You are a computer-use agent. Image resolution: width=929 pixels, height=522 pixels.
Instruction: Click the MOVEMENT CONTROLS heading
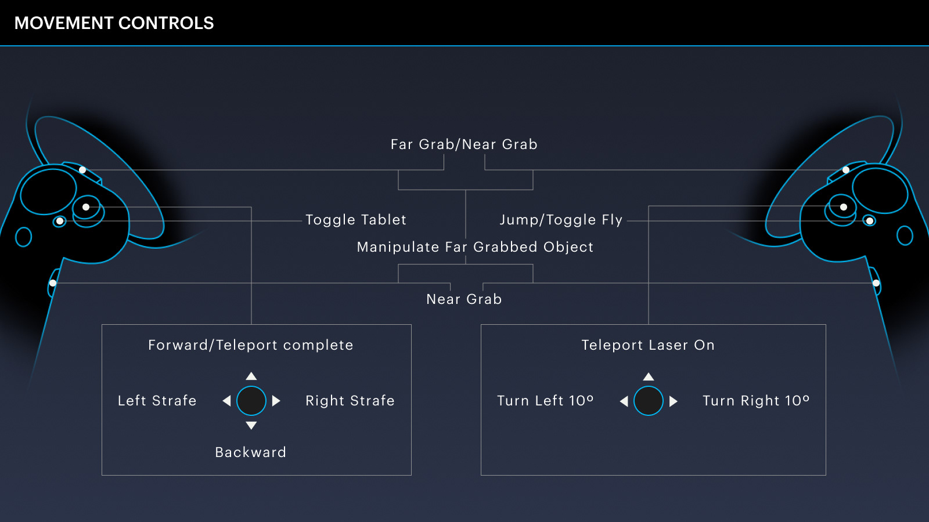[x=114, y=23]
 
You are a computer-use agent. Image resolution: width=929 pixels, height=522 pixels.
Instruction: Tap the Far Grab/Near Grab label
[x=464, y=144]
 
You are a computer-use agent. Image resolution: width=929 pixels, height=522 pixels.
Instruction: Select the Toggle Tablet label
[x=356, y=220]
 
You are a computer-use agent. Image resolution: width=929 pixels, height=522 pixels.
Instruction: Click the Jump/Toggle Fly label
[x=561, y=220]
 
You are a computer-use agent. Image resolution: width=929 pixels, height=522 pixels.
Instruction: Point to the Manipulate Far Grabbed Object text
[x=476, y=247]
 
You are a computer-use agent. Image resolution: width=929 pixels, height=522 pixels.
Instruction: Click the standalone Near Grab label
[x=464, y=299]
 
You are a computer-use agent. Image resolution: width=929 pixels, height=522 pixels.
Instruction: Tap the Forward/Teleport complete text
[x=250, y=345]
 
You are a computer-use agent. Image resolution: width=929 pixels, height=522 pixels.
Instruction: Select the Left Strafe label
[x=157, y=401]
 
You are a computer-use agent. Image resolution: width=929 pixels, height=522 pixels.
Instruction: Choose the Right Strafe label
[x=350, y=401]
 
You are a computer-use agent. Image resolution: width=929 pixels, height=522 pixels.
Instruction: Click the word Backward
[x=250, y=452]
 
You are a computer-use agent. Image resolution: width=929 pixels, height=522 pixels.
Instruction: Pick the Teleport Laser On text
[x=648, y=345]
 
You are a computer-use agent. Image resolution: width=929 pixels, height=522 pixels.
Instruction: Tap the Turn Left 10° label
[x=545, y=401]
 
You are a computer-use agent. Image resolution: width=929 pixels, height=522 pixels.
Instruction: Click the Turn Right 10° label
[x=756, y=401]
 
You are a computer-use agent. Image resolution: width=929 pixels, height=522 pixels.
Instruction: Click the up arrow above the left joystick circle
[x=251, y=376]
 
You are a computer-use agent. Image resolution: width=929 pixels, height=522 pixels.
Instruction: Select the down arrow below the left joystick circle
[x=251, y=426]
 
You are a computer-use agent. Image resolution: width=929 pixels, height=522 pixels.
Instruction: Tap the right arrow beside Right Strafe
[x=276, y=401]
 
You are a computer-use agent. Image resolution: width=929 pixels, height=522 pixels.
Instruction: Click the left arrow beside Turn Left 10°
[x=624, y=401]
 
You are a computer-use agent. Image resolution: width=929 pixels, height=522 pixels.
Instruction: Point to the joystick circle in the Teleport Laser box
[x=648, y=401]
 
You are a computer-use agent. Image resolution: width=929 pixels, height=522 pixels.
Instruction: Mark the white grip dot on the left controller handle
[x=53, y=283]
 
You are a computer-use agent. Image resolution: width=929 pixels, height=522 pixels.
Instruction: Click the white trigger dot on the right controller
[x=846, y=170]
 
